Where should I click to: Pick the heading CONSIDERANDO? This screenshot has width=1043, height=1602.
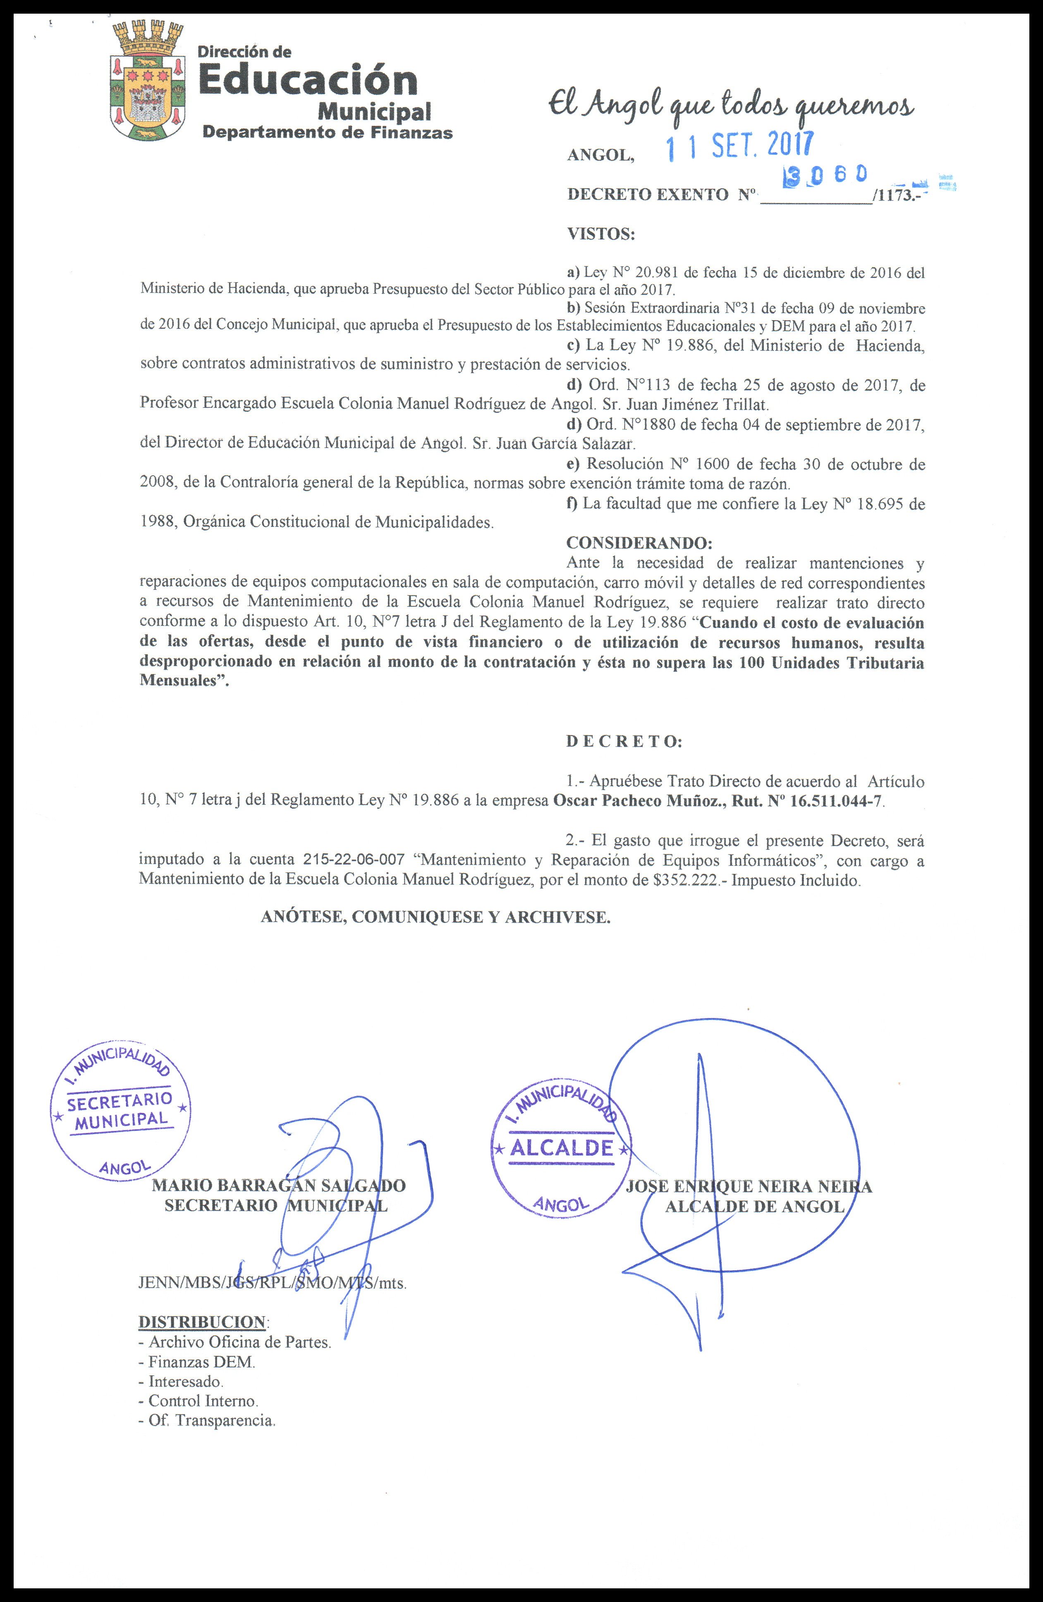639,543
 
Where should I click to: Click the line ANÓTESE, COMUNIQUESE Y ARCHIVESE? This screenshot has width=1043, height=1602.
435,917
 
